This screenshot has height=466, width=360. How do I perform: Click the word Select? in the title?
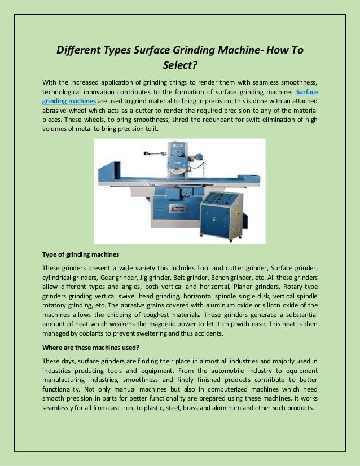[179, 65]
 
